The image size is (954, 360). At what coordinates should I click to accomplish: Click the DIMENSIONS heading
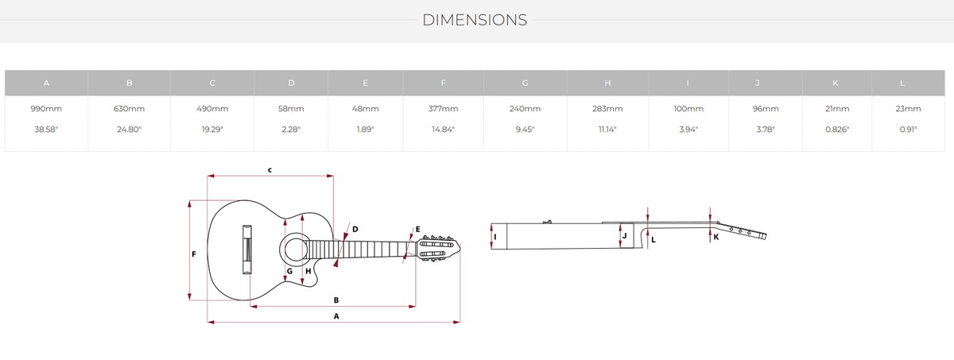[475, 20]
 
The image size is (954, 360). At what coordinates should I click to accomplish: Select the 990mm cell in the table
[46, 109]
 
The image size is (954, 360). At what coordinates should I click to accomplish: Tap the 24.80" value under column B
[129, 130]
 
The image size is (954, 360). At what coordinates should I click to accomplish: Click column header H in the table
[607, 83]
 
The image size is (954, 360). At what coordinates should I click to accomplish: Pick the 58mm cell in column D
[291, 109]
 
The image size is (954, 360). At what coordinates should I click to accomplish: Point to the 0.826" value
[837, 130]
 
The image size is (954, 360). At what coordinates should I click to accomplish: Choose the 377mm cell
[443, 109]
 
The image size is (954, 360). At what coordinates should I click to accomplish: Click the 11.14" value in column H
[607, 130]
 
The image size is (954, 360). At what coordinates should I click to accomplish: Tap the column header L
[902, 83]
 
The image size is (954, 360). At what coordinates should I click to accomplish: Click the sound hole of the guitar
[295, 250]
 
